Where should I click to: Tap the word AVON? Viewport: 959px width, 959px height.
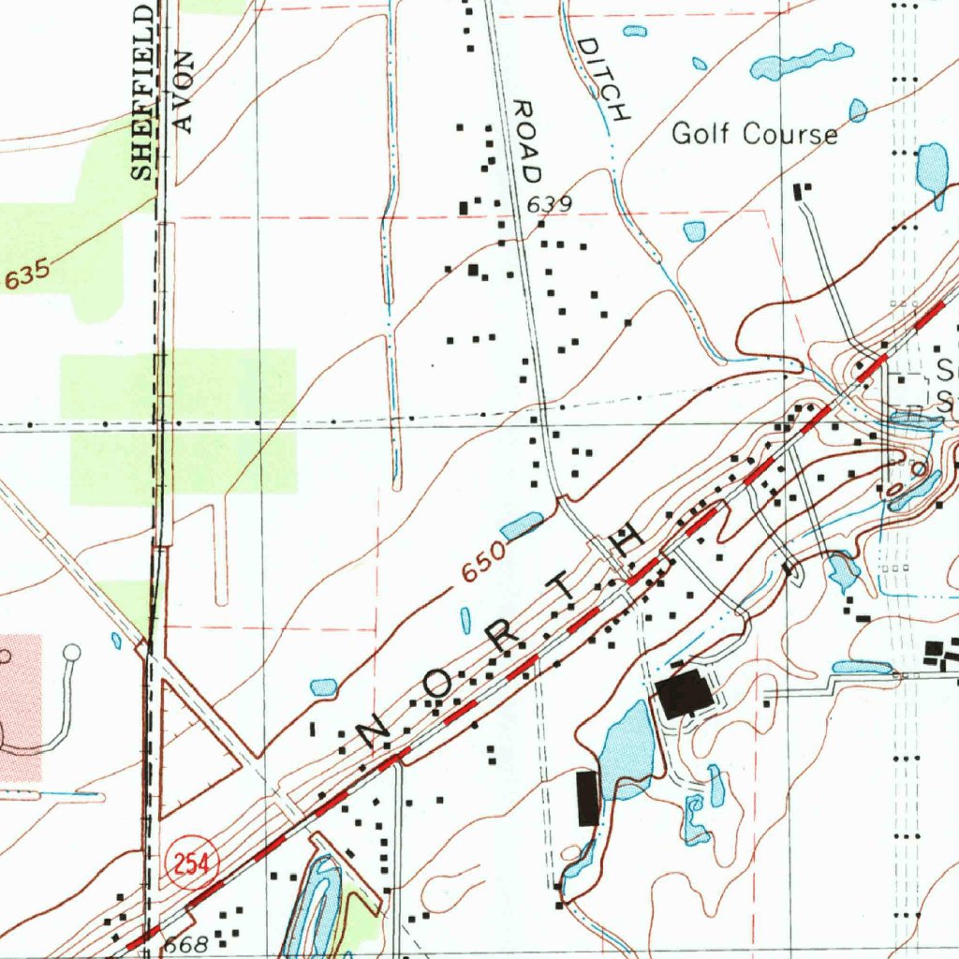tap(183, 94)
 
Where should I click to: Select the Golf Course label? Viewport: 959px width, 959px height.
tap(755, 134)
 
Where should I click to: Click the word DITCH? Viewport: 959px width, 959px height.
tap(603, 80)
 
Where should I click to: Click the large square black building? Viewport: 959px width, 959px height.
tap(684, 695)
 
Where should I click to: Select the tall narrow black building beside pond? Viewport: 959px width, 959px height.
tap(588, 798)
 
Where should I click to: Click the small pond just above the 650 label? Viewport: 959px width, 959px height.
tap(522, 525)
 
